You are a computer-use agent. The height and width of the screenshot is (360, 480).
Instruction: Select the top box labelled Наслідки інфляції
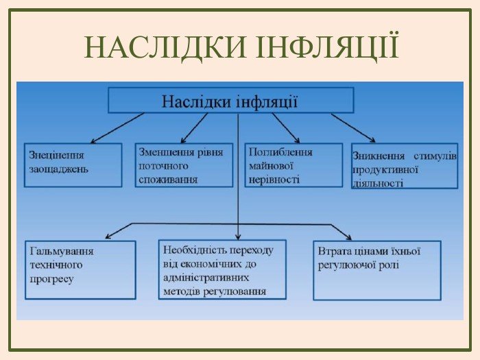coord(230,101)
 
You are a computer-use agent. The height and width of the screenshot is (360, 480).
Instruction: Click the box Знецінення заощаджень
coord(73,165)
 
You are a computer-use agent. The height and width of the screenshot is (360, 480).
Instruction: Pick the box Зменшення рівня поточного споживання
coord(184,165)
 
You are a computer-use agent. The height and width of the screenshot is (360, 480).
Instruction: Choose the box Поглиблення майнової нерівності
coord(293,165)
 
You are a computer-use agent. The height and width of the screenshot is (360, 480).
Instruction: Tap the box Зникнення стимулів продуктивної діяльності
coord(405,166)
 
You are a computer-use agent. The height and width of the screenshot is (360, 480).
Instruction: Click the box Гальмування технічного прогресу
coord(80,269)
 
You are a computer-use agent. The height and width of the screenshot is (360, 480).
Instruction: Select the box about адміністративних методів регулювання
coord(223,269)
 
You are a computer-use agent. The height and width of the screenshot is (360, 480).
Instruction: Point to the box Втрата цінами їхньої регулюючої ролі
coord(376,269)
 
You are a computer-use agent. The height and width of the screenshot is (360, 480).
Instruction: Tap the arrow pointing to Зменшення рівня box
coord(195,127)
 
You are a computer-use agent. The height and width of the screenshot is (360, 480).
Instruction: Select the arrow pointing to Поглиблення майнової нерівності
coord(285,127)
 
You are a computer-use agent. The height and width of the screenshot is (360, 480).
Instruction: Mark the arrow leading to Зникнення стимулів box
coord(353,128)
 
